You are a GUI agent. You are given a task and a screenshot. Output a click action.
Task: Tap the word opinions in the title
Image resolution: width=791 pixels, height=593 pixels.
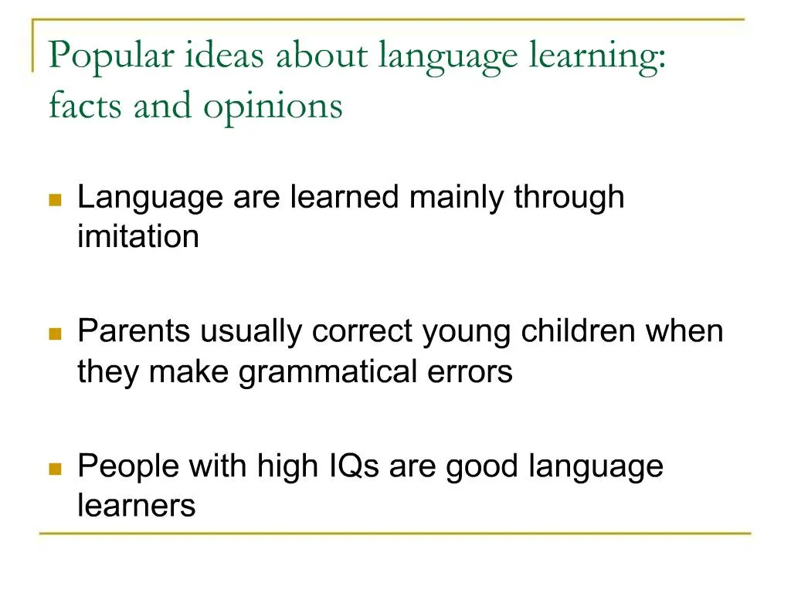coord(273,106)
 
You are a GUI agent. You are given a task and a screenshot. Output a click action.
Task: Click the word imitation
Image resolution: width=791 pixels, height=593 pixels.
coord(138,236)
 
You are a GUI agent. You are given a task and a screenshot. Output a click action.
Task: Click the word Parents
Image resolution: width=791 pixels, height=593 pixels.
coord(134,332)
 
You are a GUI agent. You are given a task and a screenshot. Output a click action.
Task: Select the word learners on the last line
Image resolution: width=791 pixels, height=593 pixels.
coord(136,506)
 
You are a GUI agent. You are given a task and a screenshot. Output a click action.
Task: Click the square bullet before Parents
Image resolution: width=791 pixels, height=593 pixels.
coord(55,334)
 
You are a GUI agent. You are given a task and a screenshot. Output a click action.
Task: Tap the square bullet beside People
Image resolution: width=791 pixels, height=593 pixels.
coord(55,469)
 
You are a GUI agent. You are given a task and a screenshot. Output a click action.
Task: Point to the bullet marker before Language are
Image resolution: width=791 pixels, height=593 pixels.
coord(55,200)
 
